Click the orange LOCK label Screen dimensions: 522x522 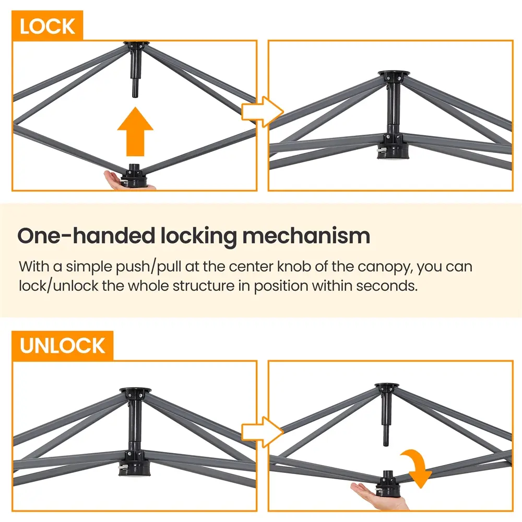(x=47, y=26)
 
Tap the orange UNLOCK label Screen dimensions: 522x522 (x=62, y=346)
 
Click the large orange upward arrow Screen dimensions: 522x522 (x=136, y=132)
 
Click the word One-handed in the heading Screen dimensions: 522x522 (x=86, y=236)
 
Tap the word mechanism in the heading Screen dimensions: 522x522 (x=306, y=236)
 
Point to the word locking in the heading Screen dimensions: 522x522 (x=199, y=237)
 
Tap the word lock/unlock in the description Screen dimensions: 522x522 (x=58, y=286)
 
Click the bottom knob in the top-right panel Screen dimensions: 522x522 (x=393, y=151)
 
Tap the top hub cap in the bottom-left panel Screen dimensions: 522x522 (x=135, y=390)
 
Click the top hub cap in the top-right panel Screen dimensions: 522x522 (x=394, y=74)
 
